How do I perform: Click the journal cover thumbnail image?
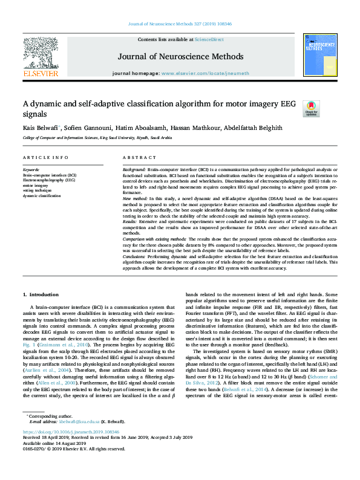coord(319,56)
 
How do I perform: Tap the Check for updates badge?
coord(310,108)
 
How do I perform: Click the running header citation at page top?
coord(180,24)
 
